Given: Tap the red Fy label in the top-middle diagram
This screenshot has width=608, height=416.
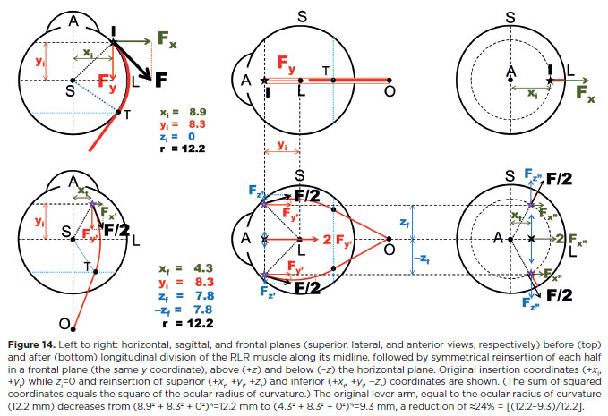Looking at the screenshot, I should [285, 65].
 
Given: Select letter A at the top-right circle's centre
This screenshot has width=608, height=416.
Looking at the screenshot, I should [510, 70].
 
